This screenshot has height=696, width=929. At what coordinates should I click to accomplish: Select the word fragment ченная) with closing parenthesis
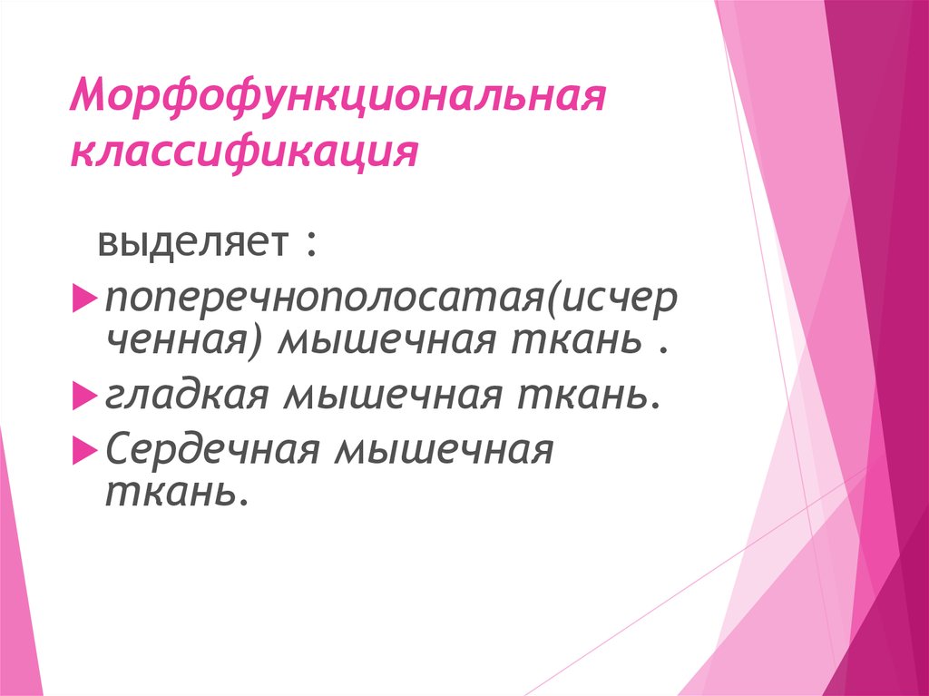[x=186, y=342]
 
